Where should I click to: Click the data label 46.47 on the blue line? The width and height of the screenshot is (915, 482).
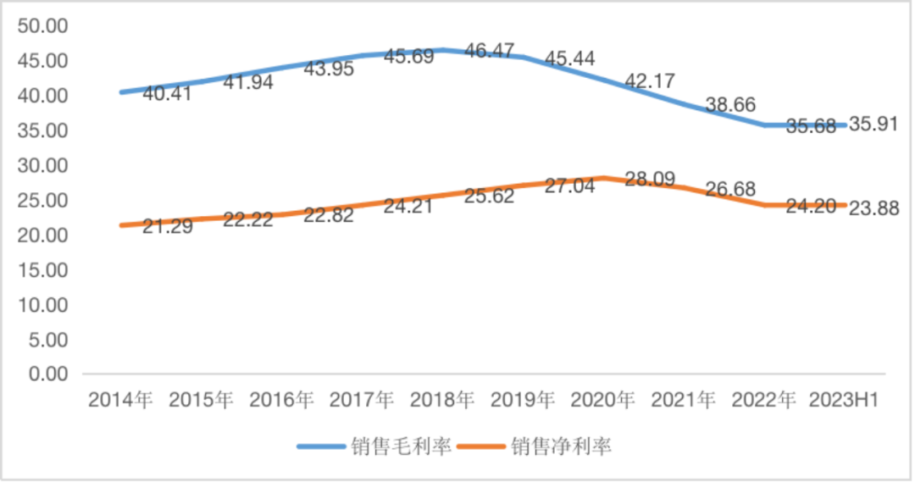click(x=489, y=52)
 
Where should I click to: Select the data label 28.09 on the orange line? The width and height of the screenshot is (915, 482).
click(x=650, y=179)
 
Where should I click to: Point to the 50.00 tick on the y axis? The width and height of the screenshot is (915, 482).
click(x=42, y=26)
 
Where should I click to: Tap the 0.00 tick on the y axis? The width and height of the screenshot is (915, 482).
click(x=47, y=374)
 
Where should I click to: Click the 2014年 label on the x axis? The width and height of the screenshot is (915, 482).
click(x=120, y=400)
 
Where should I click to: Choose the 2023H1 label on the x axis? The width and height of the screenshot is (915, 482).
click(x=844, y=400)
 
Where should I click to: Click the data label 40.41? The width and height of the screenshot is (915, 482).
click(x=167, y=93)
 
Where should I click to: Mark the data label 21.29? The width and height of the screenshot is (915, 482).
click(x=167, y=226)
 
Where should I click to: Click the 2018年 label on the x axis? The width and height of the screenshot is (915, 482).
click(x=441, y=400)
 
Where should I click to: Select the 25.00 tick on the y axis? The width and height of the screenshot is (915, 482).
click(x=42, y=201)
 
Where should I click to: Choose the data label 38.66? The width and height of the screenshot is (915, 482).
click(x=730, y=105)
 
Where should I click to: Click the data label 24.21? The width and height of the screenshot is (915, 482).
click(x=408, y=205)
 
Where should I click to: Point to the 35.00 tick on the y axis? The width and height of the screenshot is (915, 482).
click(x=42, y=131)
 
